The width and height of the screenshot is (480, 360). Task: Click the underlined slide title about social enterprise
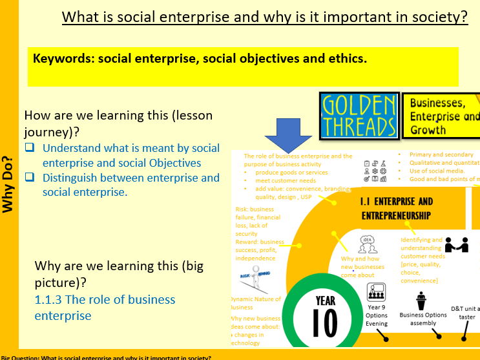point(265,17)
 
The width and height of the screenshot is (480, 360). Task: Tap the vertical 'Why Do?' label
point(8,184)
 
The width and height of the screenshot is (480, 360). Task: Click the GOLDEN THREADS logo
point(359,116)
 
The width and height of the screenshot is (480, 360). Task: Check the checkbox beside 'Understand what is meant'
point(30,148)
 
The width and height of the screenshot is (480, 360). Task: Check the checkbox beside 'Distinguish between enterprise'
point(30,178)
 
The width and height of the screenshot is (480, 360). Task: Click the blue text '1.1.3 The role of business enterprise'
point(105,307)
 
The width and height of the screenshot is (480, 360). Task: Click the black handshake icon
point(457,245)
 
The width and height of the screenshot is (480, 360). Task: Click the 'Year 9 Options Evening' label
point(377,315)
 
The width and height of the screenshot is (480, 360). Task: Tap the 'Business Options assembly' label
point(423,319)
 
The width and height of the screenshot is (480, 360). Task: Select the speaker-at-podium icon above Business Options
point(421,300)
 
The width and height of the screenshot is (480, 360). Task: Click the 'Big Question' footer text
point(106,356)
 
